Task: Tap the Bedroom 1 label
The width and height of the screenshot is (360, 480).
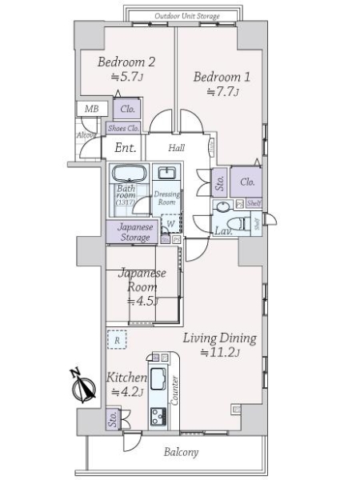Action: tap(219, 78)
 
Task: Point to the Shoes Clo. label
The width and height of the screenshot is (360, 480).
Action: tap(123, 127)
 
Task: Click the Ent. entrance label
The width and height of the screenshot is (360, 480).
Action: tap(125, 147)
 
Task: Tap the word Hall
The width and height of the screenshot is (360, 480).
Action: tap(178, 147)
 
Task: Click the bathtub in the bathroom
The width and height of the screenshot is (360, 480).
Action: tap(126, 174)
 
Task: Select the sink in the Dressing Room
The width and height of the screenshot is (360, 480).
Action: tap(167, 174)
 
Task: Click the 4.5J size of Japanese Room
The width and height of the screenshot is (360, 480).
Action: tap(142, 301)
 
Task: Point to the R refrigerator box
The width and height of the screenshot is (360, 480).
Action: tap(117, 339)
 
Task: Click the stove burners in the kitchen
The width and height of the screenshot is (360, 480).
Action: tap(157, 414)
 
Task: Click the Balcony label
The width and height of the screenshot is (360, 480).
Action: tap(181, 452)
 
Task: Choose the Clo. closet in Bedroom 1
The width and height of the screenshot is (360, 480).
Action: tap(247, 182)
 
